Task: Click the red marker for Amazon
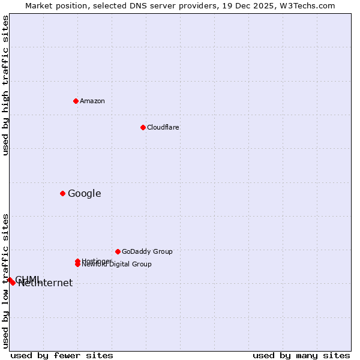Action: click(x=76, y=101)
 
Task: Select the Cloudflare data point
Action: click(x=143, y=127)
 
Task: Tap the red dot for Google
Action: click(x=62, y=193)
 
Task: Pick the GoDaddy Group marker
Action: click(x=118, y=251)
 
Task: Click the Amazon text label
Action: click(x=92, y=101)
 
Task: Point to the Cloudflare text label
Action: click(x=163, y=127)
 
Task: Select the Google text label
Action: click(x=85, y=193)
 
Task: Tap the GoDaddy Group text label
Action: click(x=147, y=251)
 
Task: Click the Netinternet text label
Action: click(x=46, y=283)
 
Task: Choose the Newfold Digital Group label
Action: click(x=117, y=264)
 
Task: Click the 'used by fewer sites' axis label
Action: click(x=62, y=355)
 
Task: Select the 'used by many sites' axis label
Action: click(x=301, y=355)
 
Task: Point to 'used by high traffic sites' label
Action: click(x=6, y=85)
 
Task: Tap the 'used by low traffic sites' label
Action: click(x=6, y=281)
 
